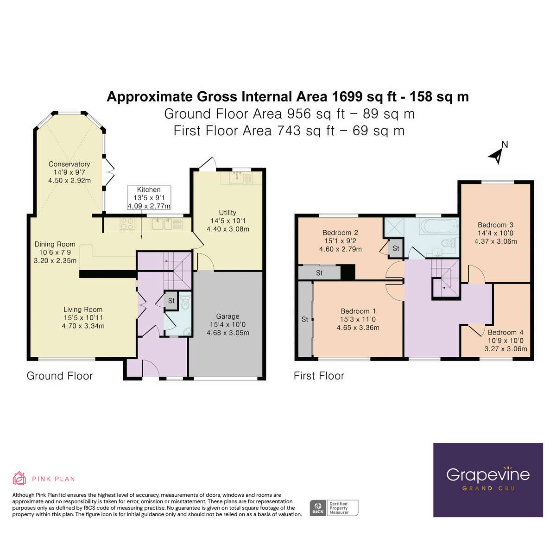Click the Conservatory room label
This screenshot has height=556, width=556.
(x=69, y=172)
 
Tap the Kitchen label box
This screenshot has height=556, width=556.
(x=149, y=198)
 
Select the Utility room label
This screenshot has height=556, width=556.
(x=227, y=221)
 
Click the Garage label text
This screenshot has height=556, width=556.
(x=227, y=324)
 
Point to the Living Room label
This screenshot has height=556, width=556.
(x=83, y=317)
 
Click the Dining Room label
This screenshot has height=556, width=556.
(x=55, y=252)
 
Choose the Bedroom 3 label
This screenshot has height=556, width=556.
(x=495, y=233)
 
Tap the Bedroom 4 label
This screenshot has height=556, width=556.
(x=505, y=341)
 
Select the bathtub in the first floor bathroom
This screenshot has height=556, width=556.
(x=438, y=227)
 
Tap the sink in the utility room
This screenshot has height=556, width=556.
(x=238, y=177)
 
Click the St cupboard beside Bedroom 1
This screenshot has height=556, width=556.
(x=305, y=319)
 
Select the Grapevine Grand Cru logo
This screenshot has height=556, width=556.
(x=488, y=480)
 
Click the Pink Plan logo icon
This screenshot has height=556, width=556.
(x=19, y=479)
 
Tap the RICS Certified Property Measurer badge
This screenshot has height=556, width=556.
(x=334, y=508)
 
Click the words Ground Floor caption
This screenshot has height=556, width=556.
(x=60, y=376)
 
